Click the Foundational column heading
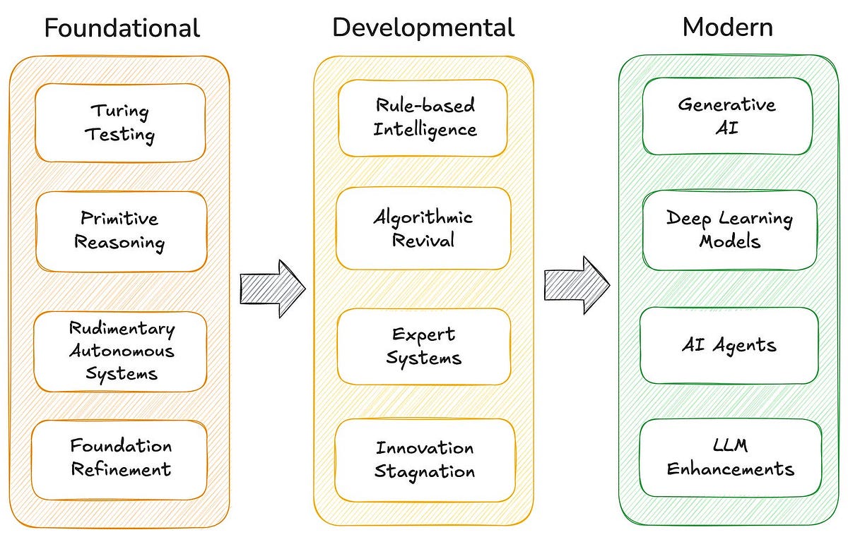(122, 28)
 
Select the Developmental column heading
(423, 28)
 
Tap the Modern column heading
(727, 28)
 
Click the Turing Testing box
(120, 123)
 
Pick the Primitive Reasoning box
(120, 231)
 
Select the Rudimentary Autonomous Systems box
(121, 351)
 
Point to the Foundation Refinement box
(120, 457)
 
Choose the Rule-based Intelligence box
(423, 118)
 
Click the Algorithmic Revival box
(423, 228)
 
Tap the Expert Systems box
(423, 346)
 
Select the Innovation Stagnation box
(424, 459)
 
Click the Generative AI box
(727, 116)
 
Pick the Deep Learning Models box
(729, 229)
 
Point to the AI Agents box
(729, 345)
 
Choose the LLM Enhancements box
(731, 457)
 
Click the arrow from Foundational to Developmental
(272, 287)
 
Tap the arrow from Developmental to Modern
(576, 285)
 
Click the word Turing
(119, 111)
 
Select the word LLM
(731, 446)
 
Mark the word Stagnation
(424, 471)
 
